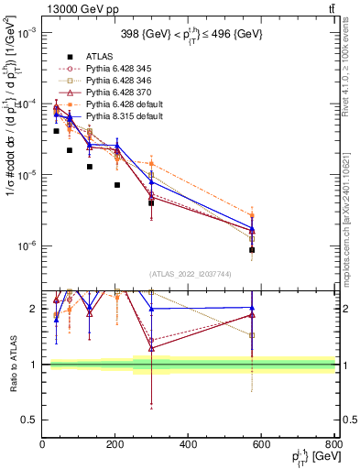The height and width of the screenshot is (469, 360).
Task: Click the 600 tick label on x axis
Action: [261, 446]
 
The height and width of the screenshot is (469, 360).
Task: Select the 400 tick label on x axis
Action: [188, 446]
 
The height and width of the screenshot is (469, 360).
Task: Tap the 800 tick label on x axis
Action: [333, 446]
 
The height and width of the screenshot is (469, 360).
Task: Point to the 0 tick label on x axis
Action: [42, 446]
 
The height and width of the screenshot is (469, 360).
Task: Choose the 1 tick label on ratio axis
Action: [35, 365]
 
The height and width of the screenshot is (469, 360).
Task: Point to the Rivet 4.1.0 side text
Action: [352, 64]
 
